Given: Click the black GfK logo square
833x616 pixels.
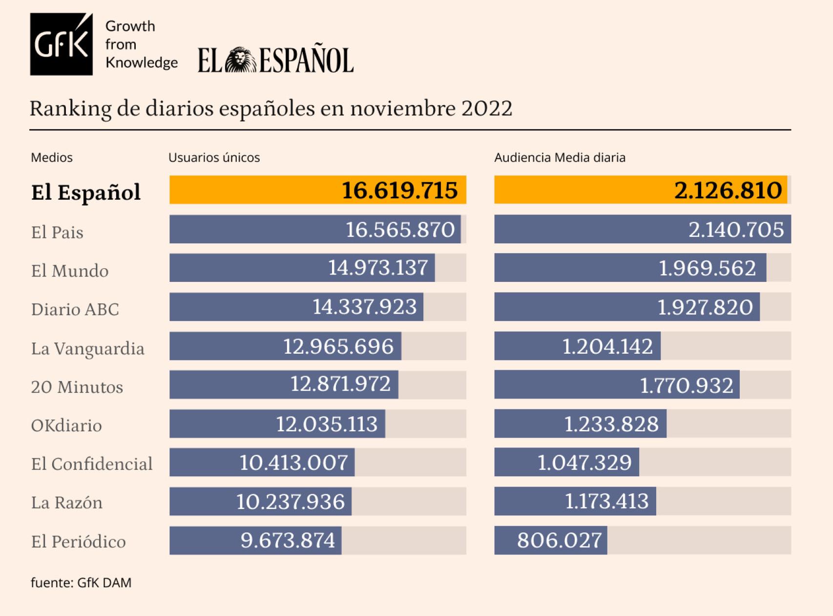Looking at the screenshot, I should click(61, 44).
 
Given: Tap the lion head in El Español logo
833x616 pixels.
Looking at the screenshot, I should click(240, 60).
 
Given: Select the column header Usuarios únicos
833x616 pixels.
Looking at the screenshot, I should click(214, 157).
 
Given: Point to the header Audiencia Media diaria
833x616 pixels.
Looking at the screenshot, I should click(560, 157).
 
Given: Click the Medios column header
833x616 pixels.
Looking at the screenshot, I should click(51, 157).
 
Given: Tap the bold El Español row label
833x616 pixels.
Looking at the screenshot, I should click(85, 192).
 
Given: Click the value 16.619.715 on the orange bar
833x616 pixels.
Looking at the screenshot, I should click(399, 190).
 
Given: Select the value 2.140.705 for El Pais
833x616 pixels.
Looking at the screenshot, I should click(736, 230).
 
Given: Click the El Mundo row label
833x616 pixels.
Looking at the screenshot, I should click(69, 271).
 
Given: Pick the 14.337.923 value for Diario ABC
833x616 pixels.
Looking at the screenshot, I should click(364, 307).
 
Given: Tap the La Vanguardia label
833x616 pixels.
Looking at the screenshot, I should click(87, 348).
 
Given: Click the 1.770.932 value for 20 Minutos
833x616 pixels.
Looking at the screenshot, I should click(686, 385).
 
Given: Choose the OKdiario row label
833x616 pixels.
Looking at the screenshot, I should click(66, 425).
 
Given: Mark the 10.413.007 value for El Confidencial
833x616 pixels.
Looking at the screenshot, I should click(293, 463).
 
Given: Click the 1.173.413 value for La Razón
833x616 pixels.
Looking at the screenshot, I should click(606, 501).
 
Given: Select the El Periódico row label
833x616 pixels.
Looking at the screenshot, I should click(78, 541).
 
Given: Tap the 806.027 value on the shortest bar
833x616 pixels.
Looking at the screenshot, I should click(559, 540).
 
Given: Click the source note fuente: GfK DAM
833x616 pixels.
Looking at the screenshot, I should click(81, 582).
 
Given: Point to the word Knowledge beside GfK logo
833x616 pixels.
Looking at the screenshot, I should click(141, 63).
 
